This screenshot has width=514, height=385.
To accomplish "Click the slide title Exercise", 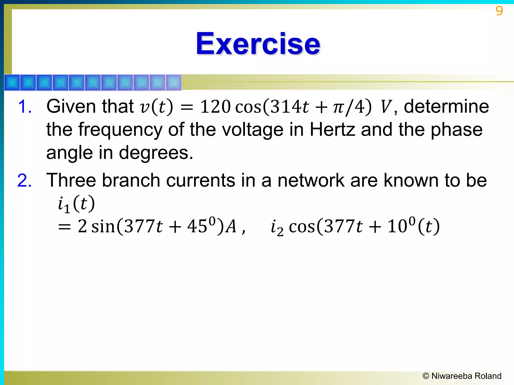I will [258, 44].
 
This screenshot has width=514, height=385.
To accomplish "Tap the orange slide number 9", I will [499, 11].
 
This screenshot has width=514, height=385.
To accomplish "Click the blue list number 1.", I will [25, 107].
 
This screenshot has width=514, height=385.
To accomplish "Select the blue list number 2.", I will [24, 180].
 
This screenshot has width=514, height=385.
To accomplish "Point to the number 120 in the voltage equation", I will [215, 107].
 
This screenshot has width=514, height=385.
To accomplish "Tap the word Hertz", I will [332, 130].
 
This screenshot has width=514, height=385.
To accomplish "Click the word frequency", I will [120, 130].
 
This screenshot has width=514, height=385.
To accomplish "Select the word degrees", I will [156, 153].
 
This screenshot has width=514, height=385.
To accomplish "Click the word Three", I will [71, 180].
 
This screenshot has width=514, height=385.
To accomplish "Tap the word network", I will [311, 180].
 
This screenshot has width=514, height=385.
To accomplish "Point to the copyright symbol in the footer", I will [426, 376].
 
